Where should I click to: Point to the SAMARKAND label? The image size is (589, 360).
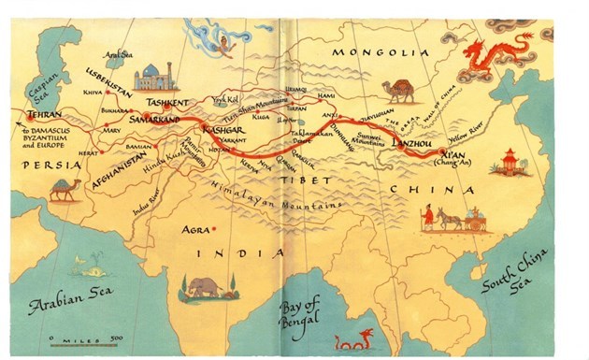click(162, 120)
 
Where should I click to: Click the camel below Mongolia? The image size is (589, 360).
click(397, 91)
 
